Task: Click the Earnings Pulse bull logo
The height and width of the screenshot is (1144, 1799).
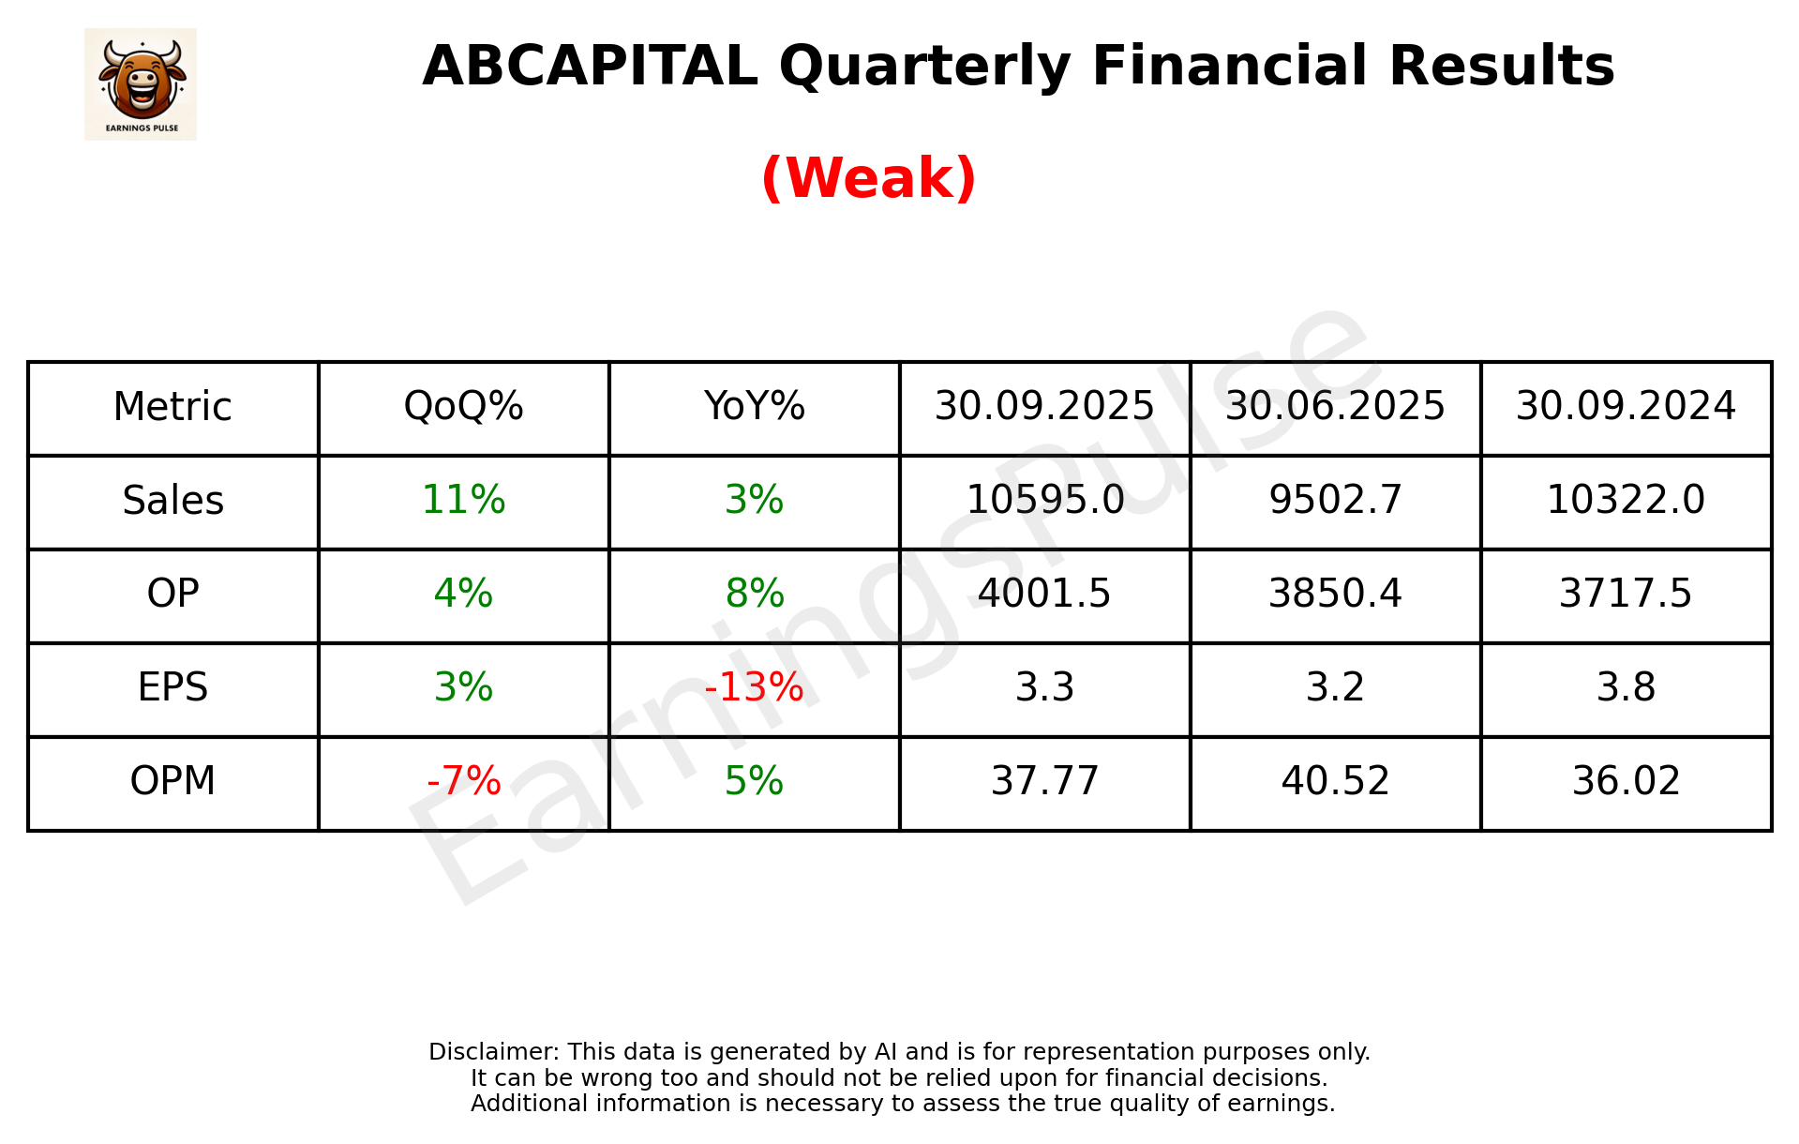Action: coord(141,83)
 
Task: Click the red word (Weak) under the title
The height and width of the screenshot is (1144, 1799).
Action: coord(868,178)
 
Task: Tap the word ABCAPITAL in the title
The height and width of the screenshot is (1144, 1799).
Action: coord(590,67)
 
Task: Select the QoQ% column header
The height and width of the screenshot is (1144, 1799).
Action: coord(463,407)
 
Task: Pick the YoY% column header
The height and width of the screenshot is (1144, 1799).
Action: coord(754,407)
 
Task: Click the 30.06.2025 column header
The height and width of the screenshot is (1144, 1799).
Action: coord(1335,407)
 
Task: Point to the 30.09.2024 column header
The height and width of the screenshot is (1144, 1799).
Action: coord(1626,407)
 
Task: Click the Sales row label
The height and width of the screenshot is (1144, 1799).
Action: coord(172,501)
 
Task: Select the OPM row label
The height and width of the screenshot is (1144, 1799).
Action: coord(172,781)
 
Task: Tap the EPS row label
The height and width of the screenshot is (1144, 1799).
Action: coord(172,687)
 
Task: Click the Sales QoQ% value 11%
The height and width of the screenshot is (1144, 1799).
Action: coord(463,501)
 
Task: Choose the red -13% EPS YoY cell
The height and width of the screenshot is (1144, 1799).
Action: coord(754,687)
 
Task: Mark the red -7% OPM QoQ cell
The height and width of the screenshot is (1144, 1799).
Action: coord(463,781)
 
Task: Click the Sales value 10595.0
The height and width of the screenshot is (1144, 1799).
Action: coord(1044,501)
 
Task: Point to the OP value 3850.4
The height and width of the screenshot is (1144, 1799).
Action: coord(1335,594)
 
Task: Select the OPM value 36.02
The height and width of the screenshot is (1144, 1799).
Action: coord(1626,781)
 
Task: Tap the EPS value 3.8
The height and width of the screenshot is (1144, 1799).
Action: coord(1626,687)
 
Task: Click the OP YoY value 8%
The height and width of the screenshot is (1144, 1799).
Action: coord(754,594)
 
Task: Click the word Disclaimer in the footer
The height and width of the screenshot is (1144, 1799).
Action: coord(492,1052)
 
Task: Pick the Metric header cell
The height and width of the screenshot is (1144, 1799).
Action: coord(172,407)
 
